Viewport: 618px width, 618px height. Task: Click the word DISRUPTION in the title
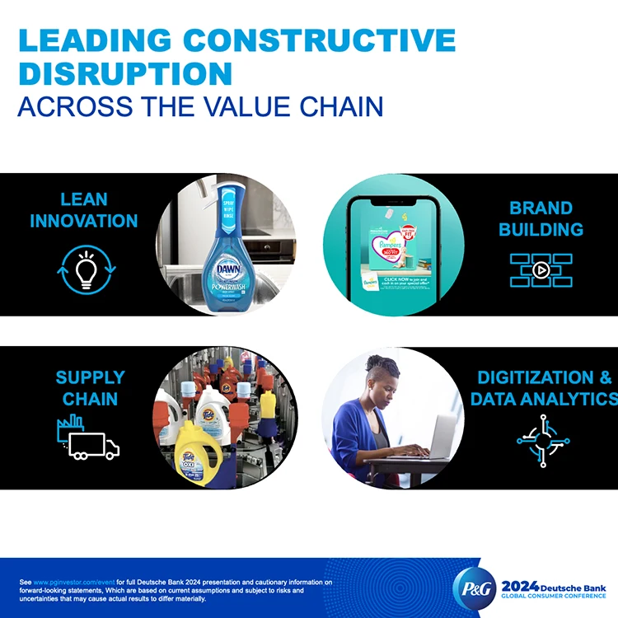click(x=125, y=73)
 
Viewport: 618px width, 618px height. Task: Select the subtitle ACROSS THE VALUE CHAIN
click(x=200, y=107)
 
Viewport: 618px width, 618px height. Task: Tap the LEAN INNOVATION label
click(x=83, y=210)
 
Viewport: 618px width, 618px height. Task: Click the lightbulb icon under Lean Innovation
click(x=82, y=269)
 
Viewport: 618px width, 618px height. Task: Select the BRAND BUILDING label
click(x=541, y=219)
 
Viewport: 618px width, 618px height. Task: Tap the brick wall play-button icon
click(x=541, y=269)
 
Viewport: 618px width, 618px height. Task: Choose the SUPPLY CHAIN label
click(x=90, y=388)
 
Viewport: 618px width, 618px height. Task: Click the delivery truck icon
click(x=92, y=446)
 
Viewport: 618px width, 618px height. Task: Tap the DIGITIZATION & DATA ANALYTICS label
click(x=544, y=388)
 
